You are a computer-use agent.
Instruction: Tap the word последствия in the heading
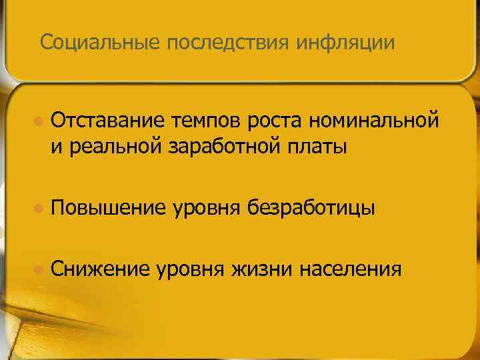click(223, 43)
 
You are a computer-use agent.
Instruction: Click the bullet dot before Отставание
click(39, 122)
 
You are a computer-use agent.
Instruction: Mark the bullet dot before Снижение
click(39, 269)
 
